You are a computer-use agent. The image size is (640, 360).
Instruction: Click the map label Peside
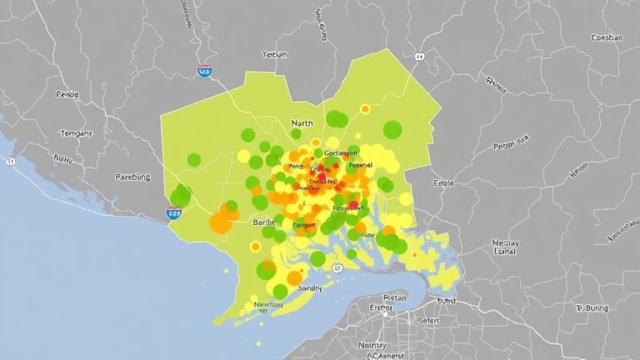pos(67,95)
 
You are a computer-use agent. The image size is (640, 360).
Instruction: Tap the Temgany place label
pos(76,133)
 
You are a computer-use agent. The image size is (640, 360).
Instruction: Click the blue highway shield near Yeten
pos(204,72)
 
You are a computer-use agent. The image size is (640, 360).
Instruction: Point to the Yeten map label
pos(275,54)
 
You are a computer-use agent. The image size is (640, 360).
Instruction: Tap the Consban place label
pos(606,37)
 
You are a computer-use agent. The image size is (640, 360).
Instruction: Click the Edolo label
pos(444,182)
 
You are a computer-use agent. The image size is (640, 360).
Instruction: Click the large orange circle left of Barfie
pos(221,221)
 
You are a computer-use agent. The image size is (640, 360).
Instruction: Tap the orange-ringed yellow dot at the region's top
pos(365,109)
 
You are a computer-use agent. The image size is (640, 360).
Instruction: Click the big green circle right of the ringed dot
pos(392,129)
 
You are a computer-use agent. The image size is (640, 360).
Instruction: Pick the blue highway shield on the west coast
pos(174,213)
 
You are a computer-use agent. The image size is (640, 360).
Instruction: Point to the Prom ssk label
pos(512,143)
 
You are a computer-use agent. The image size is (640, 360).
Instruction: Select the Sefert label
pos(428,320)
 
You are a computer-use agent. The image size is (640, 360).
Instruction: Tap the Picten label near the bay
pos(392,297)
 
